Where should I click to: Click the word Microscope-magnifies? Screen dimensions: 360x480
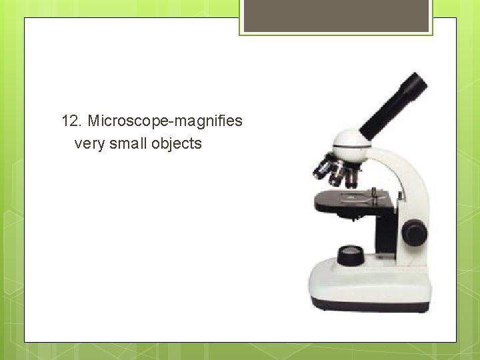pos(165,121)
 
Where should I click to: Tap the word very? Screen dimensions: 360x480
pos(88,143)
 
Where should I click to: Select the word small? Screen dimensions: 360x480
pos(128,143)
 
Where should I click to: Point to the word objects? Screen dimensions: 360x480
pos(177,143)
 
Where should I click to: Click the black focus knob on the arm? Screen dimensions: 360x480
pos(414,233)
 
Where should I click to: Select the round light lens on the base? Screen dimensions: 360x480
pos(351,255)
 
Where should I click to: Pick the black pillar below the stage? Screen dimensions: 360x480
pos(385,233)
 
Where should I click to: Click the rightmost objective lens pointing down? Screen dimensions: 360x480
pos(351,176)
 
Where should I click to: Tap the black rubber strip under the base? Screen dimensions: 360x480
pos(370,306)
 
